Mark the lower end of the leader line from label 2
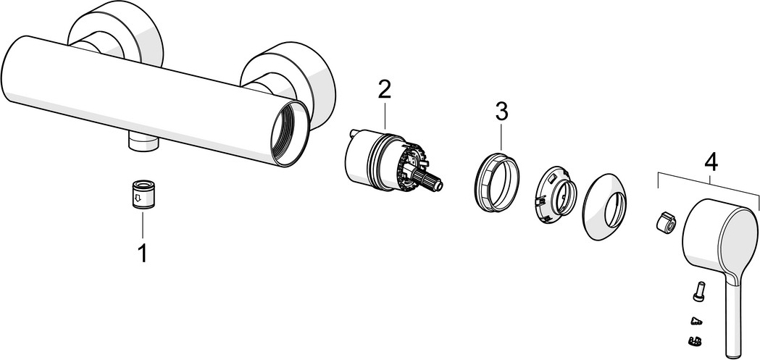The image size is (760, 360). click(385, 130)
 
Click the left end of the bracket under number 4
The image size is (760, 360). click(658, 188)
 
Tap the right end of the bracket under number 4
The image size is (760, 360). click(758, 209)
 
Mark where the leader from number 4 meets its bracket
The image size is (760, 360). click(710, 182)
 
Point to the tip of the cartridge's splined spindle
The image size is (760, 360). click(440, 185)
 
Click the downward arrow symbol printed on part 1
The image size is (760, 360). click(138, 198)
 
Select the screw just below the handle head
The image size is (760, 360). click(698, 292)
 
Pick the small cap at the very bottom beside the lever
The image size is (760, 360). click(694, 341)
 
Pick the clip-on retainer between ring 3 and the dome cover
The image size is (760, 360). click(556, 197)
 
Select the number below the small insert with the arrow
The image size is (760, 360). click(143, 254)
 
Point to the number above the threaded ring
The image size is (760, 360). click(501, 112)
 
